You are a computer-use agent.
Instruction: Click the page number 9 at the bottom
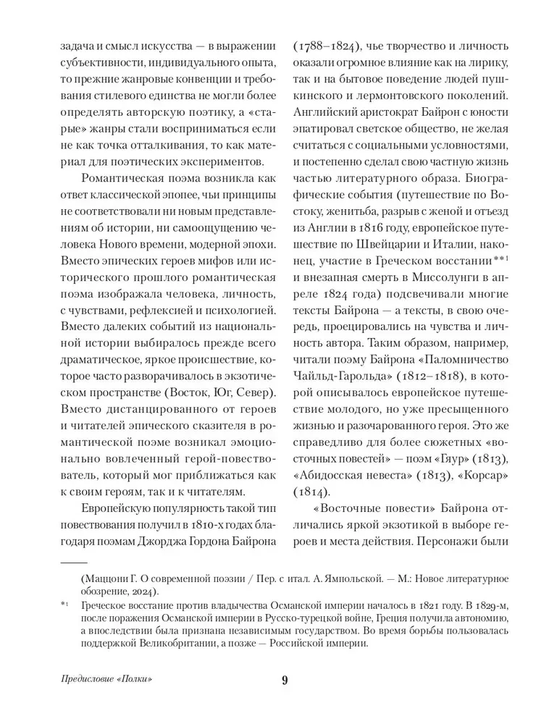pyautogui.click(x=285, y=679)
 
